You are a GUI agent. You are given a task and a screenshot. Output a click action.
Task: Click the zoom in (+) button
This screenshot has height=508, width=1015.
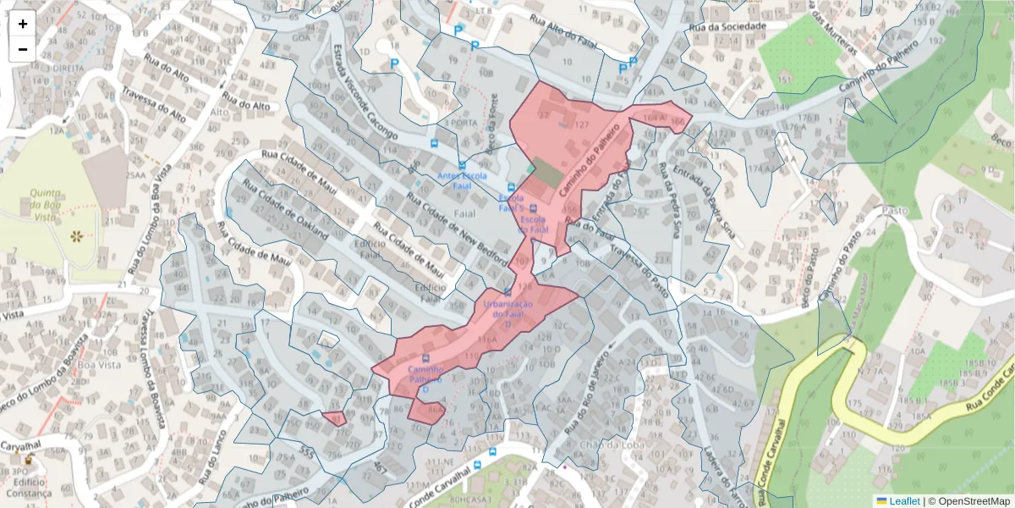pos(23,24)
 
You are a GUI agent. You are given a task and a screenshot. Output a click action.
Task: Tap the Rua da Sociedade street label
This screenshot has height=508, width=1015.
pos(727,27)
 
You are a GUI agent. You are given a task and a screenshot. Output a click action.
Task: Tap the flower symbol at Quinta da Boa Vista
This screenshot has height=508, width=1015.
pos(77,236)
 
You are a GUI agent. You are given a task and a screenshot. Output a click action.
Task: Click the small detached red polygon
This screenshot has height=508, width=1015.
pos(335,417)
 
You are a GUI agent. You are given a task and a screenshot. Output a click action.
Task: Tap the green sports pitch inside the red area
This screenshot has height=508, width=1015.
pos(546,174)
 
